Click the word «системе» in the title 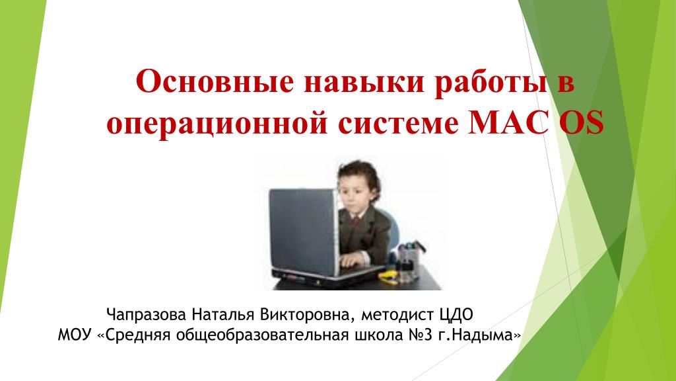click(x=398, y=124)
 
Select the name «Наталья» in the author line click(x=223, y=314)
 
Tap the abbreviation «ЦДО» click(x=456, y=315)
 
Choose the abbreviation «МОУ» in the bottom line click(x=75, y=335)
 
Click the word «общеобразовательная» click(x=262, y=335)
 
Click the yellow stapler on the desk click(x=389, y=277)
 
